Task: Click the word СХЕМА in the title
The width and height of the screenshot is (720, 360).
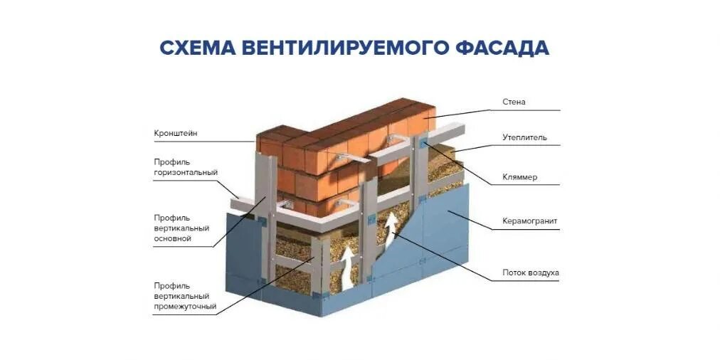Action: tap(196, 48)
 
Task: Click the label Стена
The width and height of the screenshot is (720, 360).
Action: tap(513, 102)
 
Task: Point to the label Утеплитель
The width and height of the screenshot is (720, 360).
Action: tap(524, 137)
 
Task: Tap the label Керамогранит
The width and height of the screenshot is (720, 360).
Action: tap(529, 221)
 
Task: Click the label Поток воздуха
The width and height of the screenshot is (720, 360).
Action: tap(530, 272)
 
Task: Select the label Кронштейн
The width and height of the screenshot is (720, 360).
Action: tap(175, 133)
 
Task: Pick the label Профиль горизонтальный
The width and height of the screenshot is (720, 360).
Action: tap(185, 167)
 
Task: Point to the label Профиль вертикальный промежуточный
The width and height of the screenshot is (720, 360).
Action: tap(184, 297)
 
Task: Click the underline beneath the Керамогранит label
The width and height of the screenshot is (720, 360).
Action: tap(526, 230)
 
